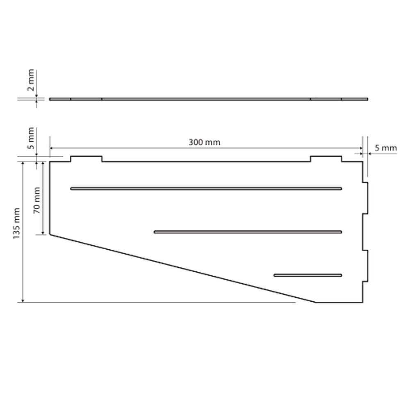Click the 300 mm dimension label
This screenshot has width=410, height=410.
pos(205,142)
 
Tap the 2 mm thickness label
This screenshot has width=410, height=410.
pos(31,80)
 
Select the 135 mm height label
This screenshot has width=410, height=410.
pos(16,223)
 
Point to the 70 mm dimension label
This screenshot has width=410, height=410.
pos(36,200)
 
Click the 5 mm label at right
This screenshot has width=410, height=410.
pos(386,148)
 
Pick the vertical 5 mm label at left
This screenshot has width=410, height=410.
pos(31,138)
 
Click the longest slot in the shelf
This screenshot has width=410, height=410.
pos(206,189)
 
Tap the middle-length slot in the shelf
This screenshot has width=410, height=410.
pos(248,232)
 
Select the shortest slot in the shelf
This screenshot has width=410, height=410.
pos(308,275)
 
